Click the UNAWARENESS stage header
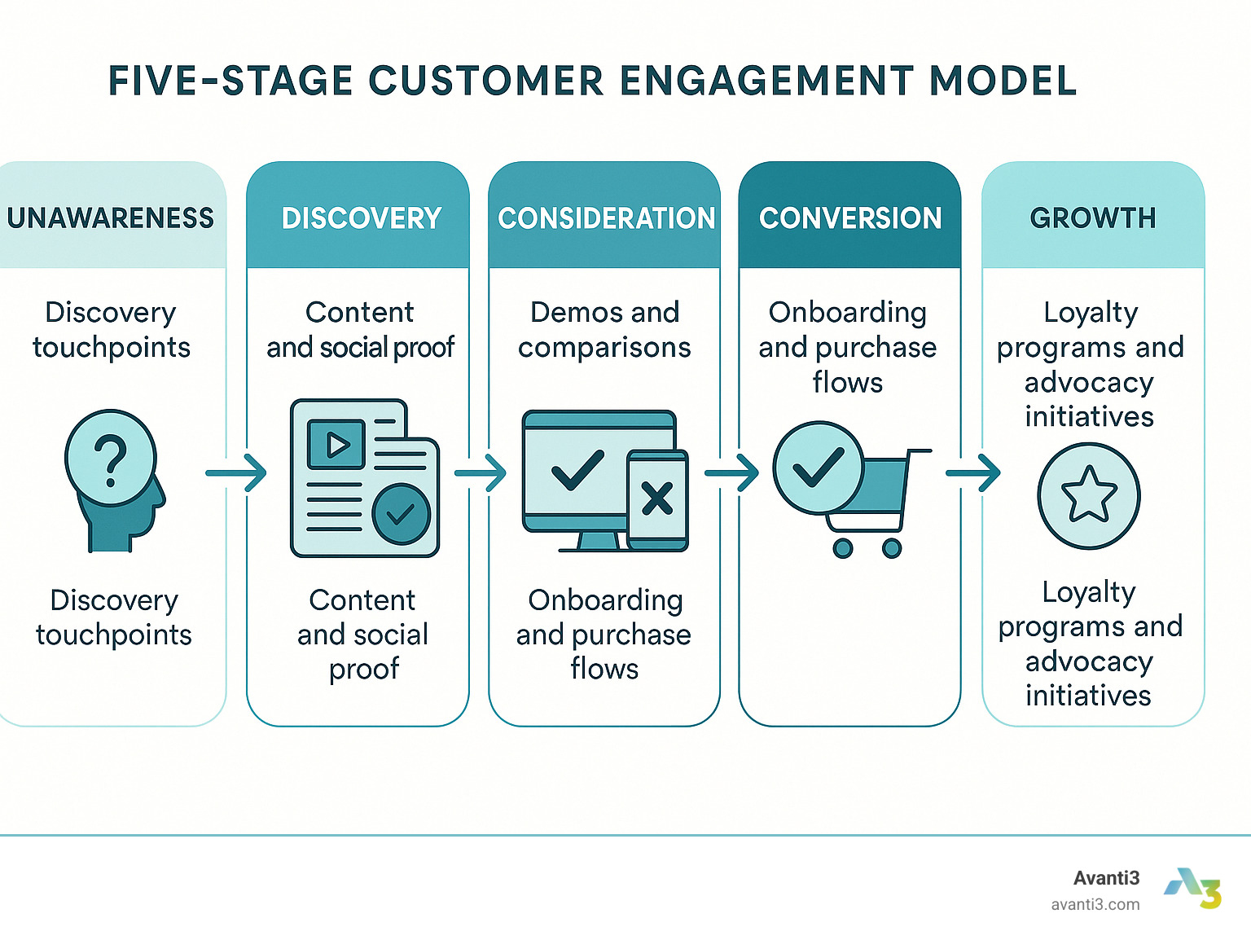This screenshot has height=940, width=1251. (111, 217)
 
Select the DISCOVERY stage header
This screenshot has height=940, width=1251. (361, 217)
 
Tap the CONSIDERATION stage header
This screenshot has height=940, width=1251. (606, 217)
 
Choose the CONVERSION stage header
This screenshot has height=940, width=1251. (850, 217)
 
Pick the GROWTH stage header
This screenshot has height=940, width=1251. (1093, 217)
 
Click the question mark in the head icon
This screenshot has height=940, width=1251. (111, 460)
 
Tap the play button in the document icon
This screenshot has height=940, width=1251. (336, 444)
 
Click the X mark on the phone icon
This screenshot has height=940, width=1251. (656, 499)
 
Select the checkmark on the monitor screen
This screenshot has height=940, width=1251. (577, 470)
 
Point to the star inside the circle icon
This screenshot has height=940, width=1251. (1089, 495)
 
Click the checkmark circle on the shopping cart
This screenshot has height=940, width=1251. (818, 468)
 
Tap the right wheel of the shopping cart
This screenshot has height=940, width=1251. (892, 548)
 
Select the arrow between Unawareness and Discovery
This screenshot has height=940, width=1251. (236, 472)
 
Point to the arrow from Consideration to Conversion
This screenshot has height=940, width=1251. (731, 472)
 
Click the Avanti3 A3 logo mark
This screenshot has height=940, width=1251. (1193, 888)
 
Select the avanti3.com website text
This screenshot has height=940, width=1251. (1095, 904)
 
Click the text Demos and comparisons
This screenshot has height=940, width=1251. (604, 330)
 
